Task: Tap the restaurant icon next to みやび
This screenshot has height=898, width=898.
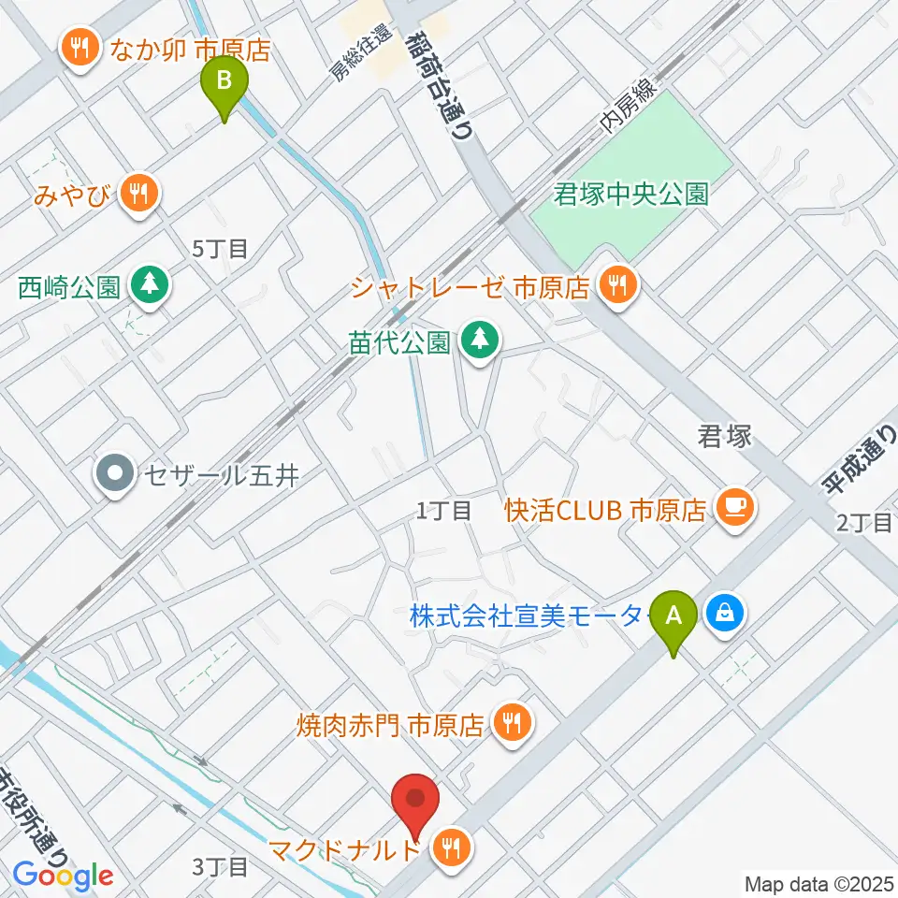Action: [x=140, y=195]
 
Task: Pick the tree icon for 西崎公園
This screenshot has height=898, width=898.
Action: [x=149, y=286]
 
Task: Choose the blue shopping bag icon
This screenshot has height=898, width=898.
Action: [x=726, y=615]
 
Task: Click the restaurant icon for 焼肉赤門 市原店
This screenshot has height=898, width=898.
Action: [x=512, y=723]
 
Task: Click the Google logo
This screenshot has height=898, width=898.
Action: [x=63, y=876]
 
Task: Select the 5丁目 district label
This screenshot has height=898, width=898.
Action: [x=219, y=249]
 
